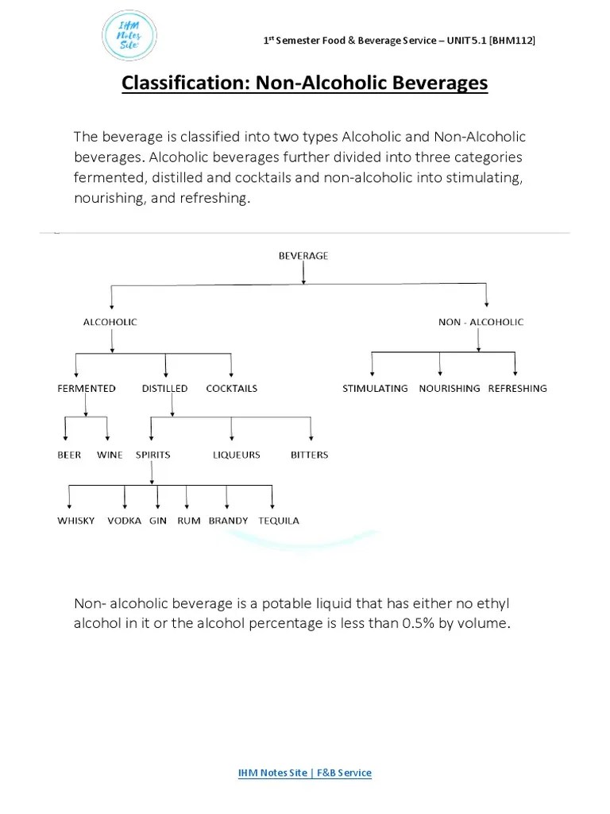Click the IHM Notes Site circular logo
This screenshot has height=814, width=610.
(x=129, y=35)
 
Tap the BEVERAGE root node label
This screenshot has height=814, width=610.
(x=303, y=256)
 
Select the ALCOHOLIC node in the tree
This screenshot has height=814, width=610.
(x=110, y=322)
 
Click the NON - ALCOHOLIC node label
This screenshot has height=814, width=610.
(x=481, y=322)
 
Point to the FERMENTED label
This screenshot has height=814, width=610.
(x=87, y=389)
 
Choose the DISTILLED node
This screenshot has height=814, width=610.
(x=165, y=389)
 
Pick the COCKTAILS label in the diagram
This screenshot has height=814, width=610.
(x=232, y=389)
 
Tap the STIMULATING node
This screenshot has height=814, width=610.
(x=375, y=389)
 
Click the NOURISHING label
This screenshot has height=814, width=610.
(x=450, y=389)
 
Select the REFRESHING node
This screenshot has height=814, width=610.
(x=517, y=389)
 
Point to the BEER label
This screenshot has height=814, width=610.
(x=69, y=455)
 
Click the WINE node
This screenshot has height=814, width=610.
(x=110, y=455)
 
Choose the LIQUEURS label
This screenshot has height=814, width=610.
(x=237, y=455)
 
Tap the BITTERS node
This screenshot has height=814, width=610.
(x=309, y=455)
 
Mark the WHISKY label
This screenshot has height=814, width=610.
(x=76, y=521)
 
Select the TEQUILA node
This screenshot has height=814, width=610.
(x=279, y=521)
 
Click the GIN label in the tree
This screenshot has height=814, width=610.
(x=158, y=521)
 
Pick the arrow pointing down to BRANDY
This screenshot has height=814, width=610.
(x=227, y=498)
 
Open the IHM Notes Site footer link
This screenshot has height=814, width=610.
(x=305, y=773)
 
